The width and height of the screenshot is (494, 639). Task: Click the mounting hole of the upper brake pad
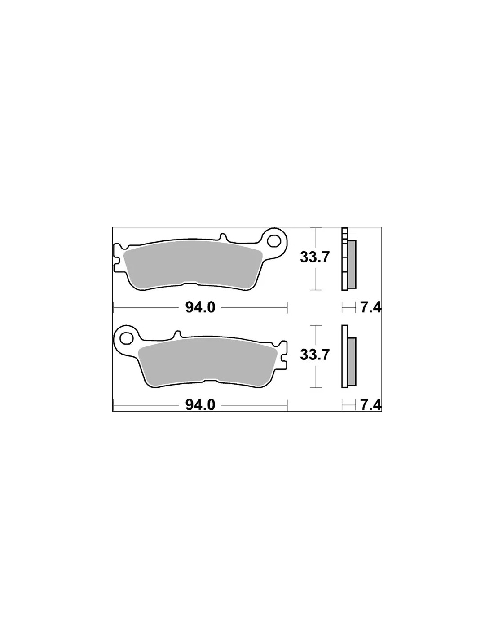273,241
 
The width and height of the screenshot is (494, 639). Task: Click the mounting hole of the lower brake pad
126,338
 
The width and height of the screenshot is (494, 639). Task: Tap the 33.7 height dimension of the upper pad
313,257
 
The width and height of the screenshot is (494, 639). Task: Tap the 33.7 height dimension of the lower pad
313,355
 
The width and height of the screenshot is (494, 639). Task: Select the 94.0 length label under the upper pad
200,307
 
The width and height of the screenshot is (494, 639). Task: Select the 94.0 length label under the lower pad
200,405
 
